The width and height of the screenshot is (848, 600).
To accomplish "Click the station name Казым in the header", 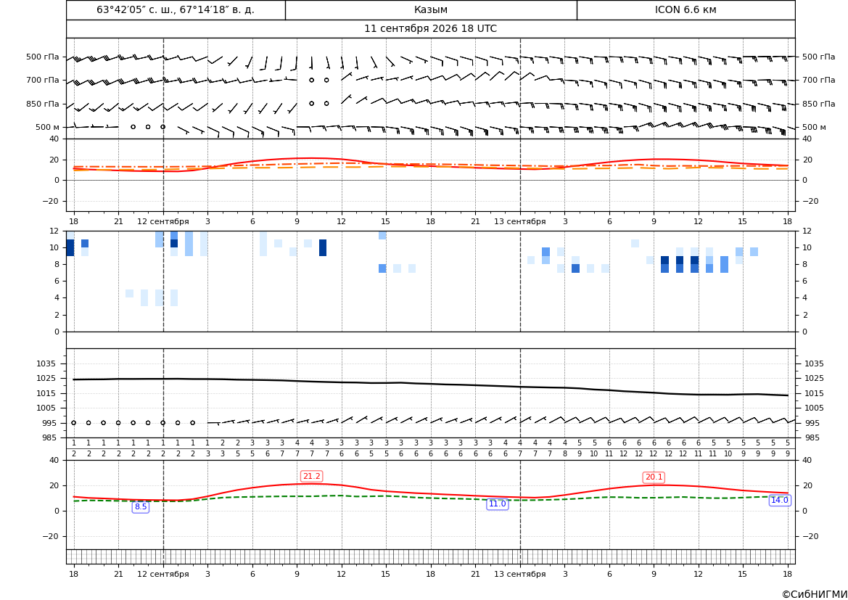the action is pos(430,9).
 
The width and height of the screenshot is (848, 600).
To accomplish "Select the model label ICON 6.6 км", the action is pos(686,9).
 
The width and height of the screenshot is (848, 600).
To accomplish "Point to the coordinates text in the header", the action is pos(176,9).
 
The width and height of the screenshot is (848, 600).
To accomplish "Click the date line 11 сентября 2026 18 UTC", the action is pos(430,29).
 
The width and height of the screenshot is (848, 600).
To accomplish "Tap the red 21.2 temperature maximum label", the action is pos(311,476).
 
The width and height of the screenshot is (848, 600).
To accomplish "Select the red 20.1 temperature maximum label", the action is pos(654,477).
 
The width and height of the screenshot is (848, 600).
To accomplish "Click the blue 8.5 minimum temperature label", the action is pos(141,507).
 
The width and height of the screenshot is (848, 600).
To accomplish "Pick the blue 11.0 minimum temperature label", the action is pos(497,504).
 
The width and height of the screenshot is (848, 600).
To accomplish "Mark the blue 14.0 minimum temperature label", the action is pos(779,501).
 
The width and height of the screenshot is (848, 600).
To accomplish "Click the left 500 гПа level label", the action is pos(42,57).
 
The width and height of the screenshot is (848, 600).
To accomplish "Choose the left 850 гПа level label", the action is pos(42,104).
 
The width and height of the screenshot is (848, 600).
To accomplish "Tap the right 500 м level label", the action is pos(814,127).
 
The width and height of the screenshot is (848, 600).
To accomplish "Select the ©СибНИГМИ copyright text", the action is pos(815,595).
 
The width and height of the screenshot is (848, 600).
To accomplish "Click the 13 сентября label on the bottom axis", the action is pos(519,574).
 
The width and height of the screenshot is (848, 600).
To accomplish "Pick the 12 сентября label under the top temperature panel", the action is pos(162,221).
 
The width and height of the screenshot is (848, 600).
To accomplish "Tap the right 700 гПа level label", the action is pos(818,80).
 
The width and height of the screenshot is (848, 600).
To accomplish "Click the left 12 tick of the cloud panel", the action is pos(54,231).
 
